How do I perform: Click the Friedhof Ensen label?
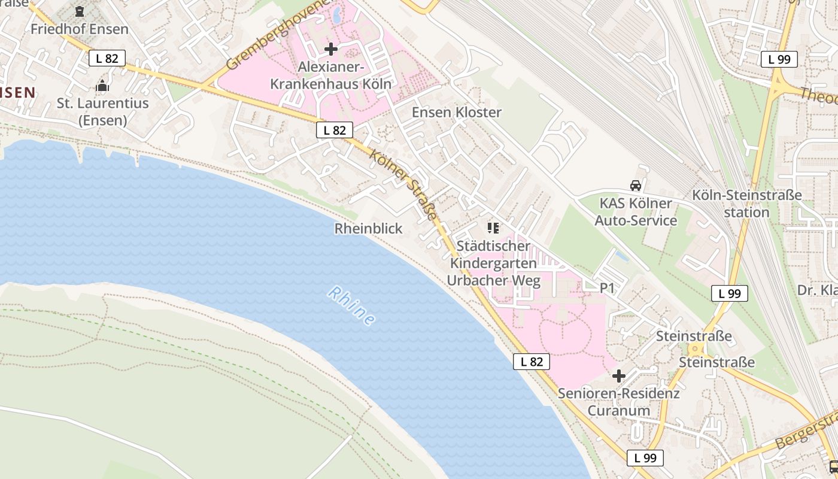click(79, 29)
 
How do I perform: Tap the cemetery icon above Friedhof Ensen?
click(80, 11)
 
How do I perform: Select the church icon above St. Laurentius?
click(102, 86)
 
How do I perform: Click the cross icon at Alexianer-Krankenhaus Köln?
click(330, 48)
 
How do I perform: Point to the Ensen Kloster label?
click(457, 112)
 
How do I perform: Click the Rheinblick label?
click(368, 228)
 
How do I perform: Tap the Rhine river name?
click(352, 306)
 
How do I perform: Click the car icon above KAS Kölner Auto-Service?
click(636, 186)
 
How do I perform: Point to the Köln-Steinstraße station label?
click(746, 204)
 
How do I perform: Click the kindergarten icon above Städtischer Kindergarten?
click(493, 228)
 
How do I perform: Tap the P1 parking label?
click(608, 288)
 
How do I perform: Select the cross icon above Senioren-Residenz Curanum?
click(619, 376)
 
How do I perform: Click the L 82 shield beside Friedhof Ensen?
click(107, 58)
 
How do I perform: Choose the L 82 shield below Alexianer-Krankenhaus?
click(335, 130)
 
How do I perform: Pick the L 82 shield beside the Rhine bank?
click(532, 361)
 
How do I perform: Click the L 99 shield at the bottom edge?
click(645, 458)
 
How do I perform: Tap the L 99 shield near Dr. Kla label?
click(730, 293)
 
